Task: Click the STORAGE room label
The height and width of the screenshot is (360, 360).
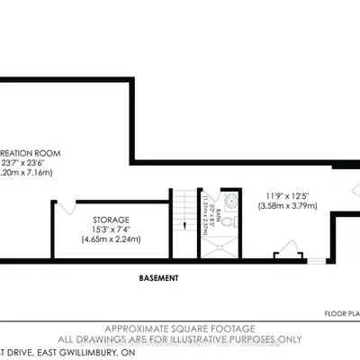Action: (111, 220)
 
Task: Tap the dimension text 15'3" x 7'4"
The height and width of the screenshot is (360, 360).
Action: (111, 229)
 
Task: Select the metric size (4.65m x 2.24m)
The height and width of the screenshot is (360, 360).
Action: (111, 240)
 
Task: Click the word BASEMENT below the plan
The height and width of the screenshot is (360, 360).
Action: (159, 278)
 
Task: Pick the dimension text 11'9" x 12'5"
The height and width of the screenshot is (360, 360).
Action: (286, 194)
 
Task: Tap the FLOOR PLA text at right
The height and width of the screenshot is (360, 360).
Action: (342, 315)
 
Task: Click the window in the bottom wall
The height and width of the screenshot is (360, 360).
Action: (316, 261)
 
